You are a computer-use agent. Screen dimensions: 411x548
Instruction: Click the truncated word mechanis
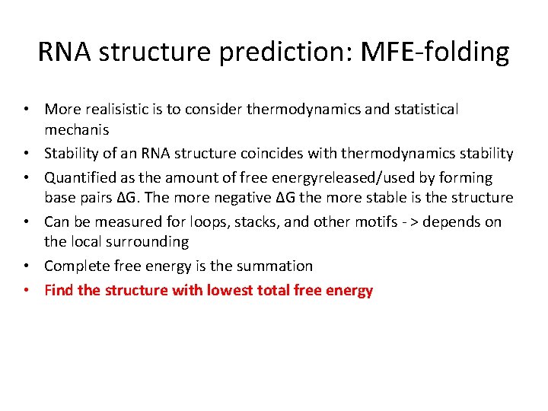(77, 130)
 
